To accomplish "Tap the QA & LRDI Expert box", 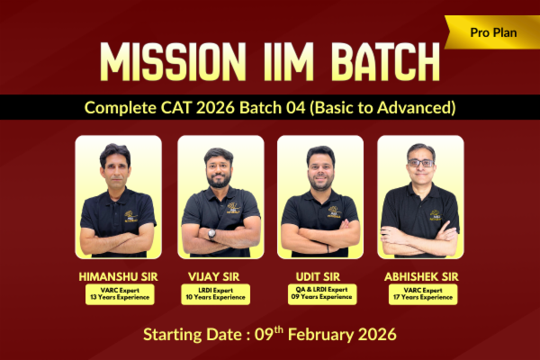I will pos(320,293).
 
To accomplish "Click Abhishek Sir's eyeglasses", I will pos(419,163).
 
